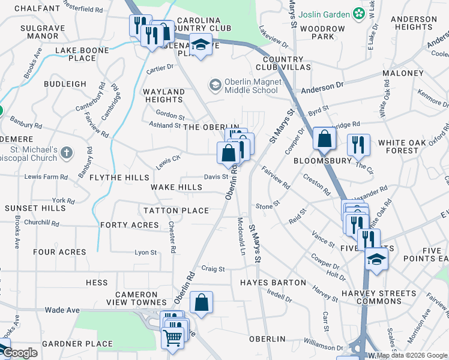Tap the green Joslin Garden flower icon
pos(359,12)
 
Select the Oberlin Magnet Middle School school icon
pos(214,86)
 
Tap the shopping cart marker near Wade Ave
pos(173,338)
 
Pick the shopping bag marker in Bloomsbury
pos(324,139)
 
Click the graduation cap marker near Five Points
pos(376,259)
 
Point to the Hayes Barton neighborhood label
pos(265,282)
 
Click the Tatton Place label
pos(176,211)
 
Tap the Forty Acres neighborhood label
pos(130,225)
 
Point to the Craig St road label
pos(212,269)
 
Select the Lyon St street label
pos(145,253)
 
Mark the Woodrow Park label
pos(322,32)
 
